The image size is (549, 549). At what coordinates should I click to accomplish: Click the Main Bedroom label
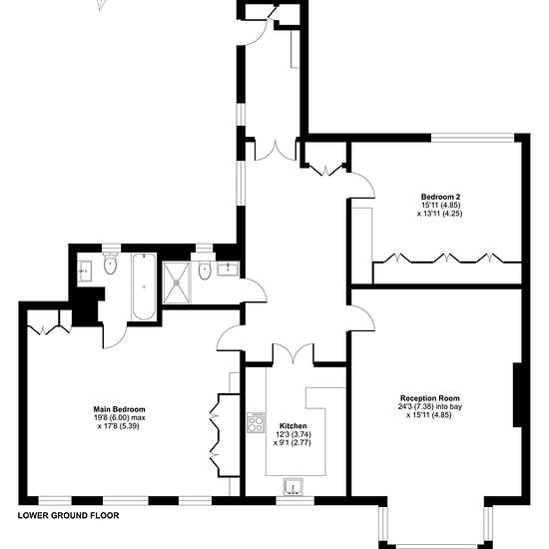coord(119,409)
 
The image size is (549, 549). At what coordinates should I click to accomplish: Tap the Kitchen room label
coord(293,426)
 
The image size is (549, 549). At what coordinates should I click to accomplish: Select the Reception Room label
coord(430,398)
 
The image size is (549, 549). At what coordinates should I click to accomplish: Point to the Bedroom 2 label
coord(440,197)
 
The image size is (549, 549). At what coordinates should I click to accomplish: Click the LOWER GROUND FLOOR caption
coord(68,515)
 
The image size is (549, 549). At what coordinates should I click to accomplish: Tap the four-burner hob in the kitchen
coord(256,422)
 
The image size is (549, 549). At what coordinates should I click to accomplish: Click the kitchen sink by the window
coord(293,487)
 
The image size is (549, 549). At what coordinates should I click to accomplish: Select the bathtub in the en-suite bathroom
coord(144,286)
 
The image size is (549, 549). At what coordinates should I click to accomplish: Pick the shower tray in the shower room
coord(177,282)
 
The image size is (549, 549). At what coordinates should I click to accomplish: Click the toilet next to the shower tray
coord(204,269)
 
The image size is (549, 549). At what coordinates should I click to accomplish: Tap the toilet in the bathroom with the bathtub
coord(110,264)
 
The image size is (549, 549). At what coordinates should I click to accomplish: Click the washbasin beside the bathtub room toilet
coord(85,271)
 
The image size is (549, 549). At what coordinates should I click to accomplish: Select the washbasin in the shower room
coord(229,269)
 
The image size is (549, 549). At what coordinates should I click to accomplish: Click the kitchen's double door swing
coord(293,351)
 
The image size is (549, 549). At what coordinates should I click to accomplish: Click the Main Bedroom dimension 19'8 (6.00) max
coord(119,417)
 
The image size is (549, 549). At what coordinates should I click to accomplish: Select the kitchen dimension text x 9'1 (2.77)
coord(292,443)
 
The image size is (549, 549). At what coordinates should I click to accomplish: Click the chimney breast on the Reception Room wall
coord(517,395)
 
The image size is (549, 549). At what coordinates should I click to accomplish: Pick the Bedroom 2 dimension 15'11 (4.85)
coord(440,206)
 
